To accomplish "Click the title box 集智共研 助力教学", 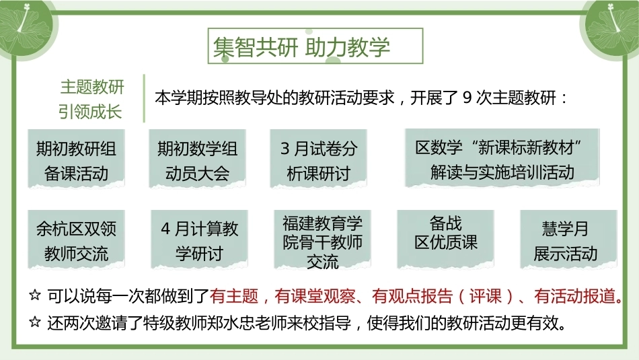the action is click(315, 46).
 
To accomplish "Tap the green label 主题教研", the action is click(92, 87).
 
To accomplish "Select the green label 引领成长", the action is click(90, 111).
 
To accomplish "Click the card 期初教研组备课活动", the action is click(76, 159).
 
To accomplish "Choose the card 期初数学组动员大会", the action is click(197, 159).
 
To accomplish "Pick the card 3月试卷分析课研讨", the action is click(318, 159).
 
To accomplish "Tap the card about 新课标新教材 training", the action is click(502, 158).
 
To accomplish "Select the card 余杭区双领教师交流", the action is click(76, 240).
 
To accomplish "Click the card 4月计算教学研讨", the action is click(199, 240).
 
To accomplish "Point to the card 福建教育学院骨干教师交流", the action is click(322, 240).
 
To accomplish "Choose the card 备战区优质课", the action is click(445, 240).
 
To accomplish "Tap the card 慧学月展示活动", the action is click(568, 240).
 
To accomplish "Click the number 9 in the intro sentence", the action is click(467, 98).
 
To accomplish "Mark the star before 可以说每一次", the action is click(35, 295).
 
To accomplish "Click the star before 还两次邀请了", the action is click(35, 322).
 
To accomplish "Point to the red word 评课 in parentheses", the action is click(485, 296).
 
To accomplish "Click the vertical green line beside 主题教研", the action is click(144, 98).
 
